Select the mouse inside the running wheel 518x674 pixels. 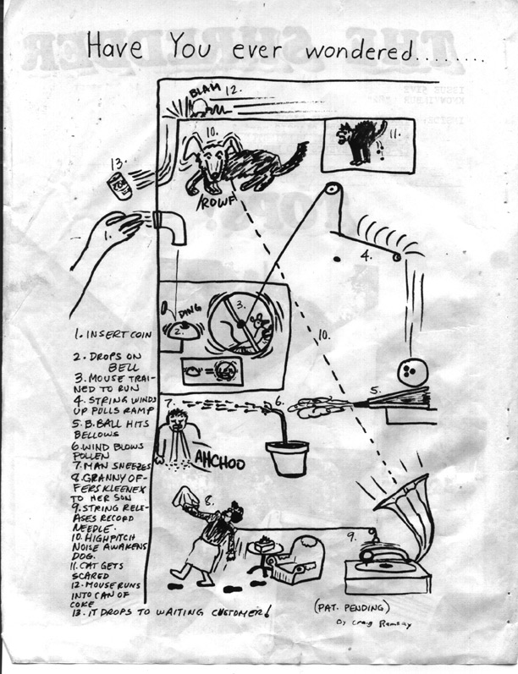256,321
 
